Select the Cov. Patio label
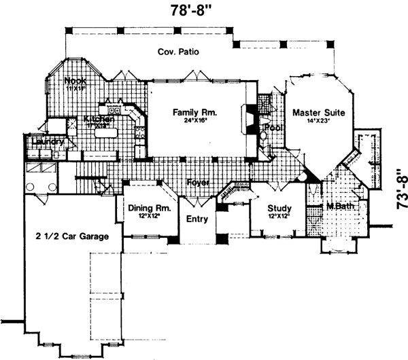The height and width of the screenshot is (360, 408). (x=177, y=52)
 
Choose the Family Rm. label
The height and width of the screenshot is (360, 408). (x=194, y=112)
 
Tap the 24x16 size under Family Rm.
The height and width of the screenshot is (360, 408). (x=194, y=122)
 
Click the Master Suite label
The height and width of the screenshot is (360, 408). (x=318, y=112)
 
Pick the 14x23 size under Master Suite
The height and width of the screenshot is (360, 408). (x=318, y=122)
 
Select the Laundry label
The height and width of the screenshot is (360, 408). (x=45, y=143)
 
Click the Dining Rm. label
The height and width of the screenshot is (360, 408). (x=148, y=209)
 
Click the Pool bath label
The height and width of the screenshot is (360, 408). (x=273, y=127)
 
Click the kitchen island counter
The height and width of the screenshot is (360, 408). (x=107, y=138)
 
